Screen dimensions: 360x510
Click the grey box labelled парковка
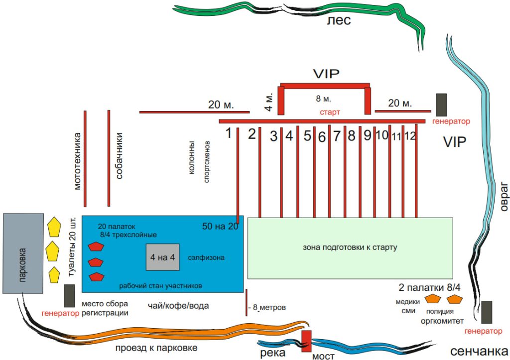[24, 253]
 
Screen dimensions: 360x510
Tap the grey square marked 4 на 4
[162, 257]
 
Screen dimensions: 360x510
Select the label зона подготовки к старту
[350, 247]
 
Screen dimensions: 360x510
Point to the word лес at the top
[339, 20]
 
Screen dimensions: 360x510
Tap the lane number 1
[229, 133]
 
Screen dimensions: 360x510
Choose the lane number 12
[410, 135]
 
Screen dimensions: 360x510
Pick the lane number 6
[322, 136]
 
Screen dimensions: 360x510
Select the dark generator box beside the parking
[69, 295]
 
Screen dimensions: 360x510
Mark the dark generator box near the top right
[441, 104]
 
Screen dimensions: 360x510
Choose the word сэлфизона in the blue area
[206, 258]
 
